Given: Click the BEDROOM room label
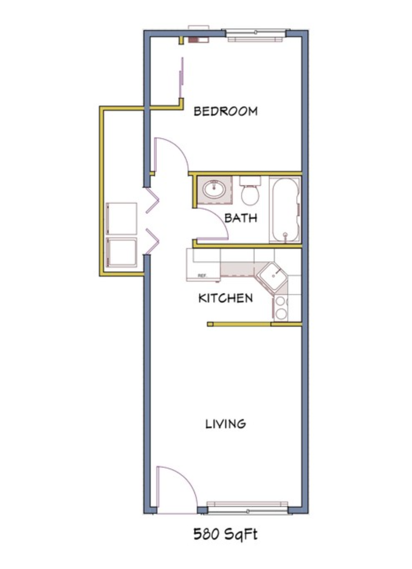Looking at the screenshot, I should [225, 111].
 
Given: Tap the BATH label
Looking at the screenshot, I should [240, 218].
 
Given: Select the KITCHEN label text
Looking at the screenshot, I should [225, 298].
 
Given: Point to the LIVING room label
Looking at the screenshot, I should [225, 424].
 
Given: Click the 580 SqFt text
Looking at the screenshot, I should [225, 534].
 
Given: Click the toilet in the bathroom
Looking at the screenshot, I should [250, 193].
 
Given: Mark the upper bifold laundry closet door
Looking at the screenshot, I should [152, 201].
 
